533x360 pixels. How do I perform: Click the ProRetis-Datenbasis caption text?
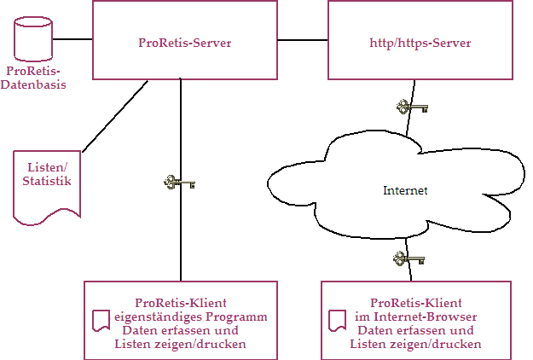pos(34,78)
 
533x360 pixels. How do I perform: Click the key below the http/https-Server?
pos(412,107)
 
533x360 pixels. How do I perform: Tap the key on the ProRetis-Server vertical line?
pos(180,182)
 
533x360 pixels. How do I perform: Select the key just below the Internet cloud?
pos(408,258)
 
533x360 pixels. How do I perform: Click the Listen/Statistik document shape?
pos(47,188)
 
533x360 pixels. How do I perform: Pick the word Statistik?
pos(47,181)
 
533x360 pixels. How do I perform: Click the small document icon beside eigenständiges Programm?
pos(100,321)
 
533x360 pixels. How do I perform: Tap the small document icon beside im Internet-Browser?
pos(337,321)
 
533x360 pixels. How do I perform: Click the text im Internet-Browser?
pos(416,316)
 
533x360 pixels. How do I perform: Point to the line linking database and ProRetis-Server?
pos(72,39)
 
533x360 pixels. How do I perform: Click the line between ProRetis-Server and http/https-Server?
pos(302,39)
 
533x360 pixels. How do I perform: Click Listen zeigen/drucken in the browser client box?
pos(415,344)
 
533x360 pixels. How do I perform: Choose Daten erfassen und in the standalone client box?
pos(180,330)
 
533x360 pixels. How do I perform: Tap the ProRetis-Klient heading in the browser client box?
pos(416,303)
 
